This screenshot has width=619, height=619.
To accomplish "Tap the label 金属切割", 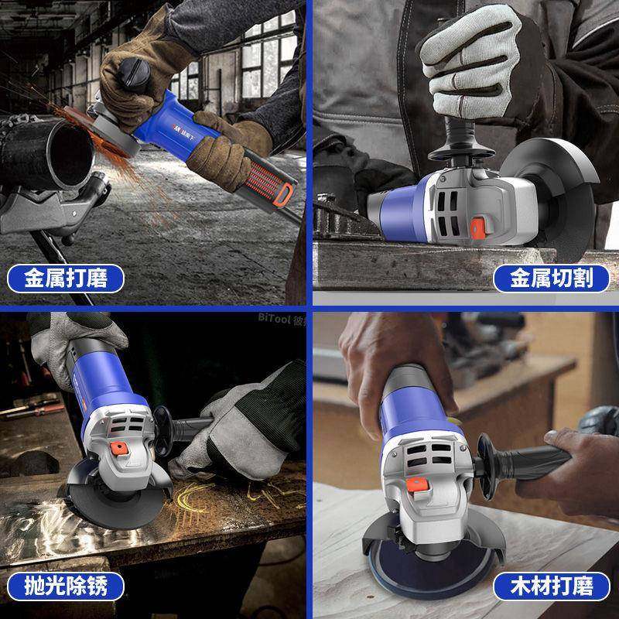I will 552,277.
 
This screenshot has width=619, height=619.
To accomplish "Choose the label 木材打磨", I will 552,585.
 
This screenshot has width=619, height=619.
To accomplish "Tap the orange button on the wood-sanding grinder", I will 419,484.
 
